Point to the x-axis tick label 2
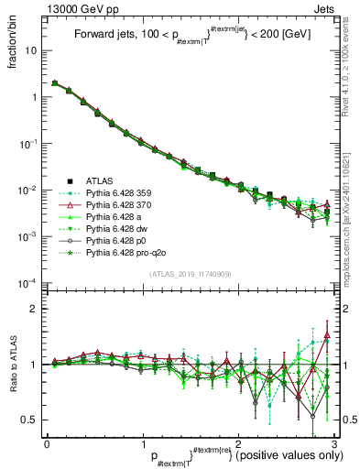tap(237, 443)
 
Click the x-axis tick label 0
tap(47, 443)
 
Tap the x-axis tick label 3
tap(333, 443)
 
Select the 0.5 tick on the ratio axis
tap(31, 420)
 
